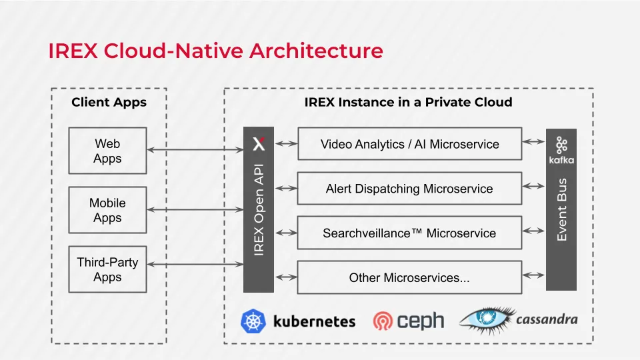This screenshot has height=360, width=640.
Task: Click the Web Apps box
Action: coord(108,151)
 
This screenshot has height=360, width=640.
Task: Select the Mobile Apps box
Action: coord(108,210)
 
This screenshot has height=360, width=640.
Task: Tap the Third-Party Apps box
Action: coord(108,269)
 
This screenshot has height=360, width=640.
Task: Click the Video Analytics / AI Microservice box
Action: coord(410,144)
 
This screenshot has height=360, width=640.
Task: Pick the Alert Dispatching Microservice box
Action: coord(410,188)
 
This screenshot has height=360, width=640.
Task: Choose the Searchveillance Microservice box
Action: coord(410,233)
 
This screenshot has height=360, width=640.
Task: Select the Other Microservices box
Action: coord(410,277)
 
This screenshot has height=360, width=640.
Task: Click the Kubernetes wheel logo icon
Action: coord(253,321)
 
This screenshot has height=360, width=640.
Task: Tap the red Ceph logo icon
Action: coord(383,321)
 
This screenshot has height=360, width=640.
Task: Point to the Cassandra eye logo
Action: coord(487,319)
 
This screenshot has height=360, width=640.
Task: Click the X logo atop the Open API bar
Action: coord(259,144)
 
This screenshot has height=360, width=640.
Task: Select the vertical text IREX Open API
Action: coord(259,210)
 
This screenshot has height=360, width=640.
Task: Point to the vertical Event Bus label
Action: coord(561,209)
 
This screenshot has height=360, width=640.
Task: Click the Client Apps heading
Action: coord(109,102)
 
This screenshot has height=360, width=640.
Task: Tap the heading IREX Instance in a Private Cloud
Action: coord(408,102)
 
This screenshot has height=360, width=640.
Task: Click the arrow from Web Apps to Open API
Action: coord(195,150)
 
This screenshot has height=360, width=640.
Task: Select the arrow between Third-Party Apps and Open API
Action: coord(195,264)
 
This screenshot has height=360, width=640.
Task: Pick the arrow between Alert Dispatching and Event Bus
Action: coord(533,186)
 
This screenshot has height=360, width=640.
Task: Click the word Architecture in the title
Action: coord(316,51)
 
